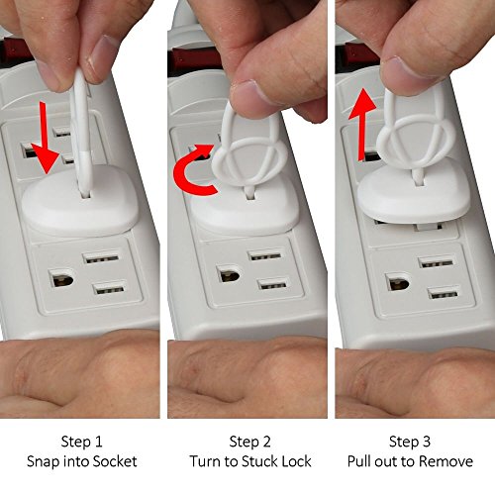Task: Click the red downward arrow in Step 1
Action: pyautogui.click(x=46, y=139)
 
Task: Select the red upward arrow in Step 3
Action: pyautogui.click(x=362, y=124)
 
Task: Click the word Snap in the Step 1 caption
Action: pyautogui.click(x=43, y=461)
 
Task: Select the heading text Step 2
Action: pyautogui.click(x=249, y=442)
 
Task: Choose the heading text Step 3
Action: pyautogui.click(x=410, y=442)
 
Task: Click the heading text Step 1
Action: pyautogui.click(x=81, y=442)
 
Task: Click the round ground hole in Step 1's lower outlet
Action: pyautogui.click(x=61, y=278)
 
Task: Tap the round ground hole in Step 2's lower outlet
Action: pyautogui.click(x=230, y=274)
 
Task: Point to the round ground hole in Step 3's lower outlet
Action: pyautogui.click(x=398, y=282)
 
